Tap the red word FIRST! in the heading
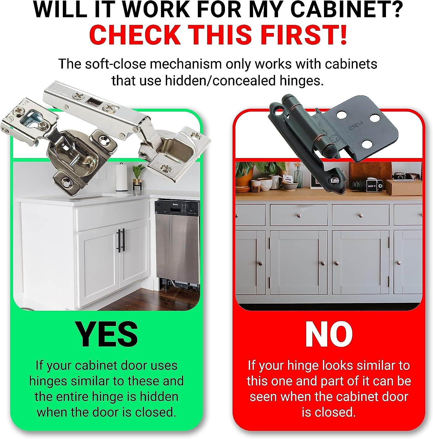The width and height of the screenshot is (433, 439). tap(304, 35)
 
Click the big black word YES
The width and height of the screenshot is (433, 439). tap(107, 334)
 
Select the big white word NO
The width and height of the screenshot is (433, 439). tap(329, 334)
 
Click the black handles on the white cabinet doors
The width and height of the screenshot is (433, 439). tap(121, 240)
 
